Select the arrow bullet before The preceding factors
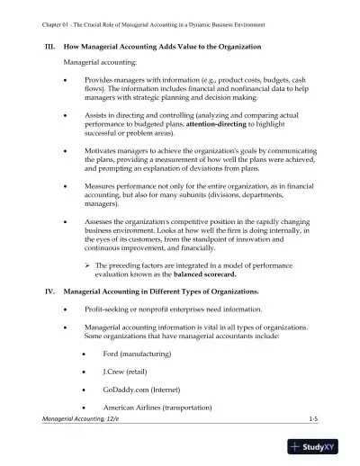85,265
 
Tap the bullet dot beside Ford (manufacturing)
84,355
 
